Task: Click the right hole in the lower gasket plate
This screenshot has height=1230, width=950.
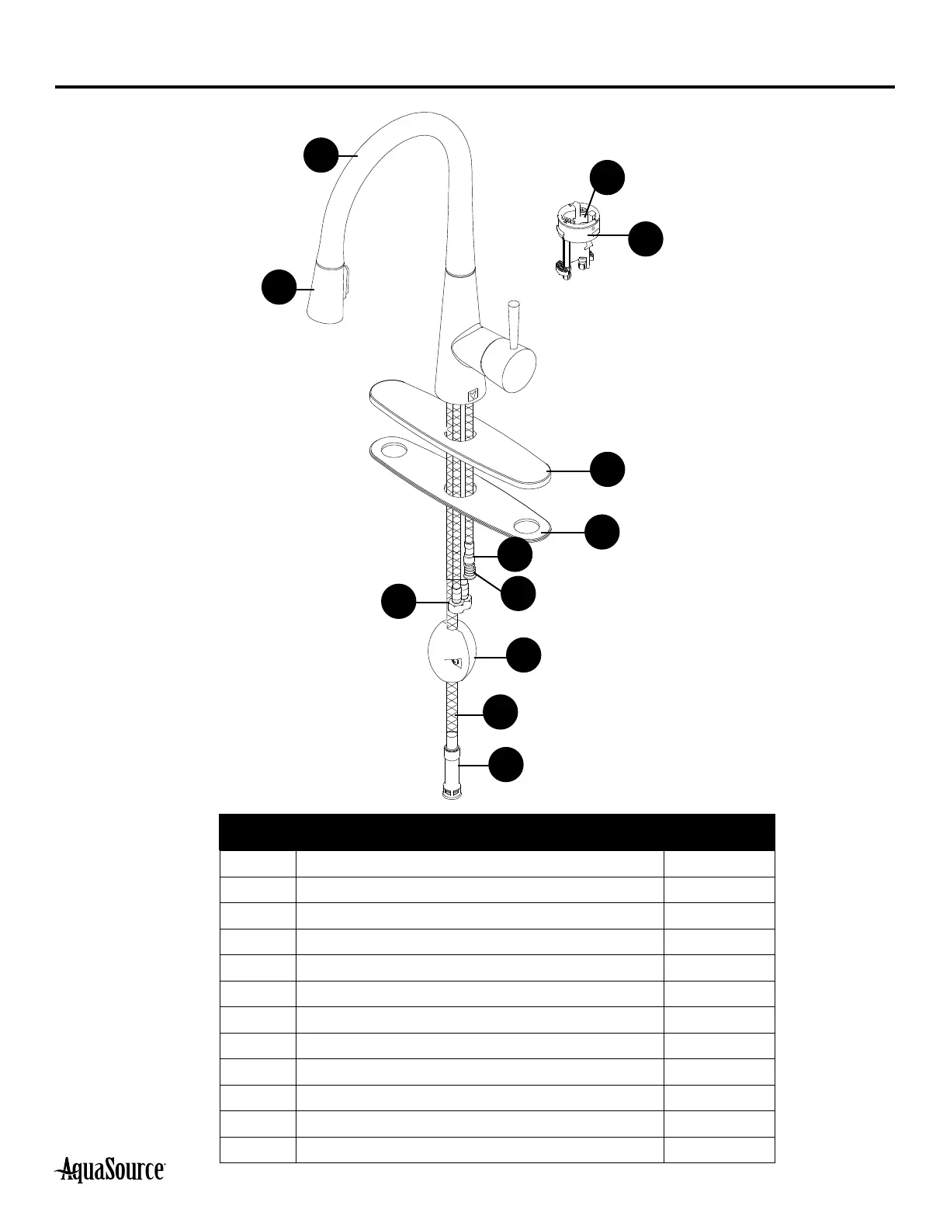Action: point(530,527)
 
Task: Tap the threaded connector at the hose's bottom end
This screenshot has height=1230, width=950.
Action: point(450,773)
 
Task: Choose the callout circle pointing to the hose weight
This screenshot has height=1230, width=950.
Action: point(524,655)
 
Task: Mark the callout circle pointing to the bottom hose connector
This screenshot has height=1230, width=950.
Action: point(505,765)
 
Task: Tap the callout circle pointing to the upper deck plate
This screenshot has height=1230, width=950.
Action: point(608,470)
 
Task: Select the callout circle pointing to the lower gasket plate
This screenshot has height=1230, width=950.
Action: point(602,532)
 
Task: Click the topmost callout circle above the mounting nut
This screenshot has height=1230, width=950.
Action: point(607,177)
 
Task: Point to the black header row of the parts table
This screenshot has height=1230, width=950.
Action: point(497,832)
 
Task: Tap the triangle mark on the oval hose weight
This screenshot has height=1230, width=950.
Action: point(456,662)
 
